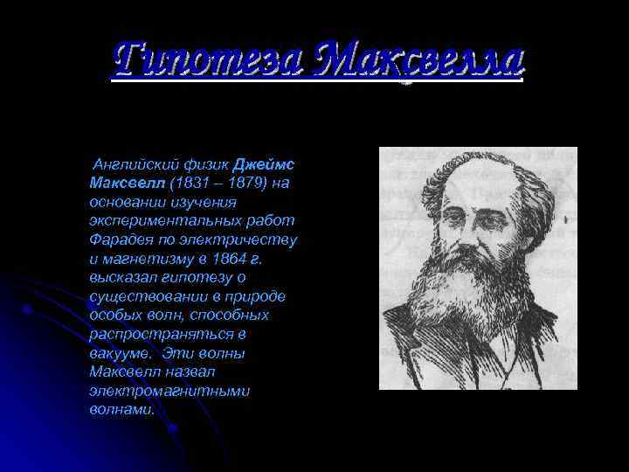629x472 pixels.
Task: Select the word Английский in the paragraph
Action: (x=129, y=164)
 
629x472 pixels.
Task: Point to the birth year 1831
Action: (x=192, y=183)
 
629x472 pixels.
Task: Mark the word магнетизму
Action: (x=156, y=259)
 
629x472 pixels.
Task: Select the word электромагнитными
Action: (x=169, y=391)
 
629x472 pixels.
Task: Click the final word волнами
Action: (x=121, y=409)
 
